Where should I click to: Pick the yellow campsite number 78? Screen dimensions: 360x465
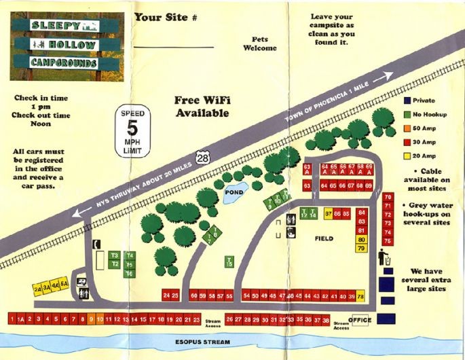pos(360,297)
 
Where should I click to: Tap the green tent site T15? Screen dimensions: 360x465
pos(229,263)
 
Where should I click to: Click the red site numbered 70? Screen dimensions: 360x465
pos(388,198)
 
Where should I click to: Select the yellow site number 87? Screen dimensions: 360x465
pos(329,213)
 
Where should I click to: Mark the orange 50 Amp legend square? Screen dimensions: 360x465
pos(406,128)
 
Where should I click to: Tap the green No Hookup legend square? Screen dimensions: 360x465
pos(406,114)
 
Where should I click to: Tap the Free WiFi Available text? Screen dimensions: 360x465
pos(202,107)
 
